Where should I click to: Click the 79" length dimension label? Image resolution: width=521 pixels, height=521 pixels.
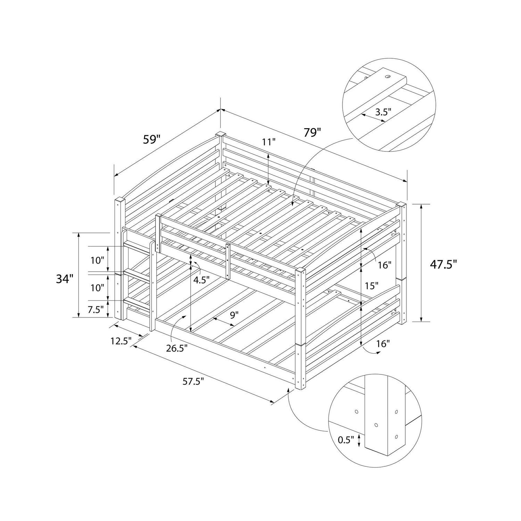(312, 132)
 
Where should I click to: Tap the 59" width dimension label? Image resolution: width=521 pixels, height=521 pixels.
(152, 140)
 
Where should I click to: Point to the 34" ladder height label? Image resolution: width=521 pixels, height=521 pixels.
(65, 278)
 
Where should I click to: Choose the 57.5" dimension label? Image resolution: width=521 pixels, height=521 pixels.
(193, 381)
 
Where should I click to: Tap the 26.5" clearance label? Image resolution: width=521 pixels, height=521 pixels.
(177, 348)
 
